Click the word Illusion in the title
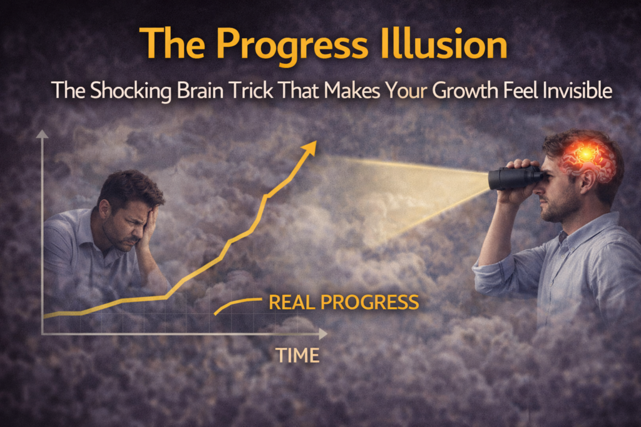pos(444,44)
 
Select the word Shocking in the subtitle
pos(130,91)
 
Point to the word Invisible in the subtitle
pos(577,90)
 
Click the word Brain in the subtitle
pos(200,90)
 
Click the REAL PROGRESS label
pos(344,303)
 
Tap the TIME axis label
pos(297,355)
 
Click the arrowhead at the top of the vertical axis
pos(42,134)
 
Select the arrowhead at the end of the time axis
pos(323,334)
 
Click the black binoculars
pos(515,177)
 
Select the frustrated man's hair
pos(130,188)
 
